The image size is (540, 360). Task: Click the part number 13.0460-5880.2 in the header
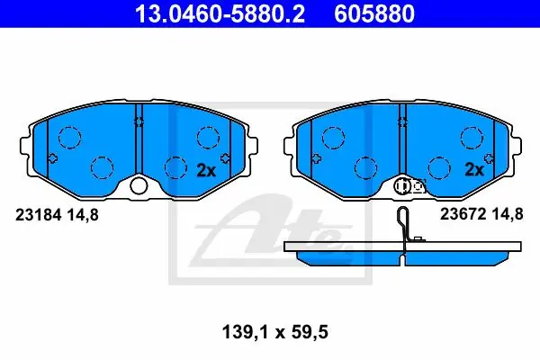coord(220,14)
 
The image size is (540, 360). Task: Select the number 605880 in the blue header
coord(374,14)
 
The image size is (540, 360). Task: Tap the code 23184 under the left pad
coord(38,215)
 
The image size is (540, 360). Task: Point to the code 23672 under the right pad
coord(463,214)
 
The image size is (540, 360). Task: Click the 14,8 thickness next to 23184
coord(83,215)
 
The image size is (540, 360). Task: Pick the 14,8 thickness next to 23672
coord(508,214)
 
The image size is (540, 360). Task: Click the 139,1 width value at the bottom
coord(245,332)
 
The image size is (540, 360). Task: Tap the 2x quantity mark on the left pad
coord(206,170)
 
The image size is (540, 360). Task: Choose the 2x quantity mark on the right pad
coord(474,169)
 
